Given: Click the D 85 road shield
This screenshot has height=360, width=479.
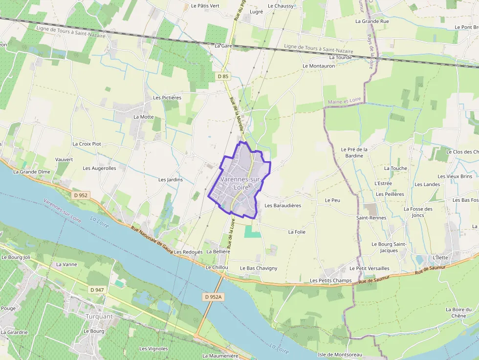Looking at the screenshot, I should coord(223,76).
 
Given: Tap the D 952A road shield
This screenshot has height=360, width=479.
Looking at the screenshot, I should coord(214,297).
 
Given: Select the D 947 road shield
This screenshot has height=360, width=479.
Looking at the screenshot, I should coord(97,290).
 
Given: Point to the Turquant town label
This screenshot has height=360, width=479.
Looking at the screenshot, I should coord(99,316).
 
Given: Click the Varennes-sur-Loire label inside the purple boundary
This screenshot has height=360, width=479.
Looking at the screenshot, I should coord(240,183).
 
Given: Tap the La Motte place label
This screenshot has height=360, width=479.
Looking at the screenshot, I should coord(143,117).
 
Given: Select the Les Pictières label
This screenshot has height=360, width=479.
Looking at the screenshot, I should coord(167,97).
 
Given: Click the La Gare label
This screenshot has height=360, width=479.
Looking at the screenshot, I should coord(223,45).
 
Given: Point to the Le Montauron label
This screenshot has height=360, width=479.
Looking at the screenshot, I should coord(319,65).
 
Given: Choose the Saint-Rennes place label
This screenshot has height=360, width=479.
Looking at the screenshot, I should coord(371,217).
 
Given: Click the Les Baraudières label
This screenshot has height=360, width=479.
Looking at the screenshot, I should coord(283,205).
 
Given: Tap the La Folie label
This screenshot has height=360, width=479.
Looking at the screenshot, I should coord(297,232).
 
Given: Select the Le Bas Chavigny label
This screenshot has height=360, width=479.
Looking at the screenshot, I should coord(259,268).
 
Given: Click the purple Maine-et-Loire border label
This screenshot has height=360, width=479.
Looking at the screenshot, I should coord(344,101).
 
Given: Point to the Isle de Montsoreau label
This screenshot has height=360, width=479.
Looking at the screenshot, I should coord(340,354).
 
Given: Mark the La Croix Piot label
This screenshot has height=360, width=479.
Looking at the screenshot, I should coord(87,144).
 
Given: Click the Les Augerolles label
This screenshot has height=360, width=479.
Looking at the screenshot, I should coord(100,168).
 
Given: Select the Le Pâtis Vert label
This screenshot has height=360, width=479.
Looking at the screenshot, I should coord(205,6).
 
